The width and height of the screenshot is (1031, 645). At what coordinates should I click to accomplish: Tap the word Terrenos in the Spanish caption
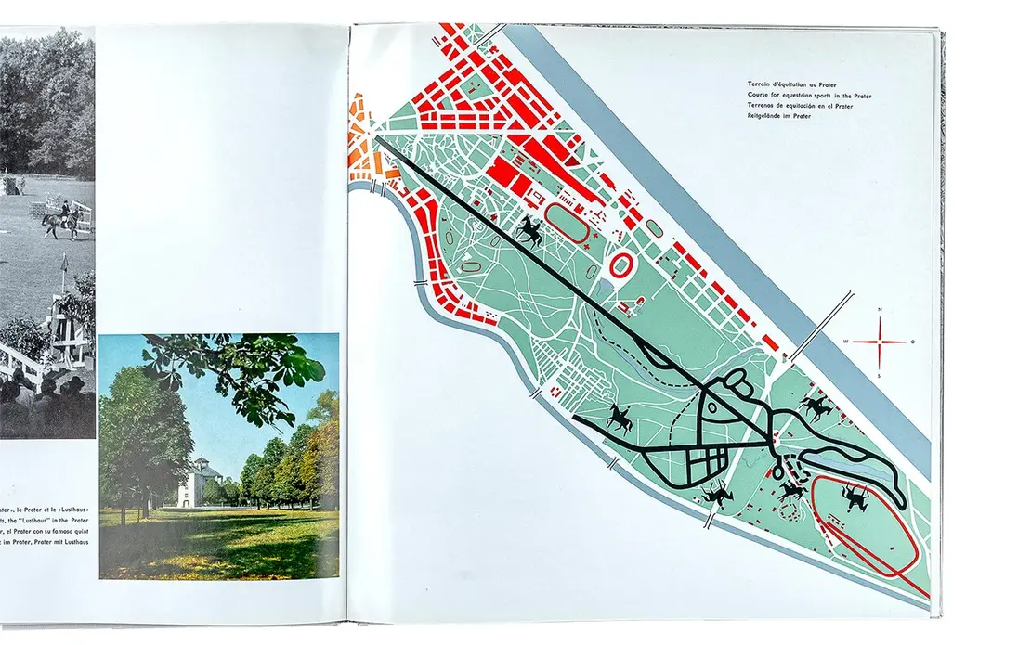click(x=761, y=107)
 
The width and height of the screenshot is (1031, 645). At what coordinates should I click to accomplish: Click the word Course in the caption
click(x=757, y=96)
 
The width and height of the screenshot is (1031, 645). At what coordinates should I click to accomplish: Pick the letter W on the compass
click(x=846, y=342)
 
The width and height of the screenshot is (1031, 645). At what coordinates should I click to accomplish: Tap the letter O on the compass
click(x=912, y=342)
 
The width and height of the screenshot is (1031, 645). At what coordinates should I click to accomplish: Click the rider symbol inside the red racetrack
click(x=854, y=500)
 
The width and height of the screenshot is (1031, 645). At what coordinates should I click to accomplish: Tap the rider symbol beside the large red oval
click(x=530, y=230)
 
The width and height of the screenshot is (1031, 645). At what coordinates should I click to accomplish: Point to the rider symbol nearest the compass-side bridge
click(x=816, y=406)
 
